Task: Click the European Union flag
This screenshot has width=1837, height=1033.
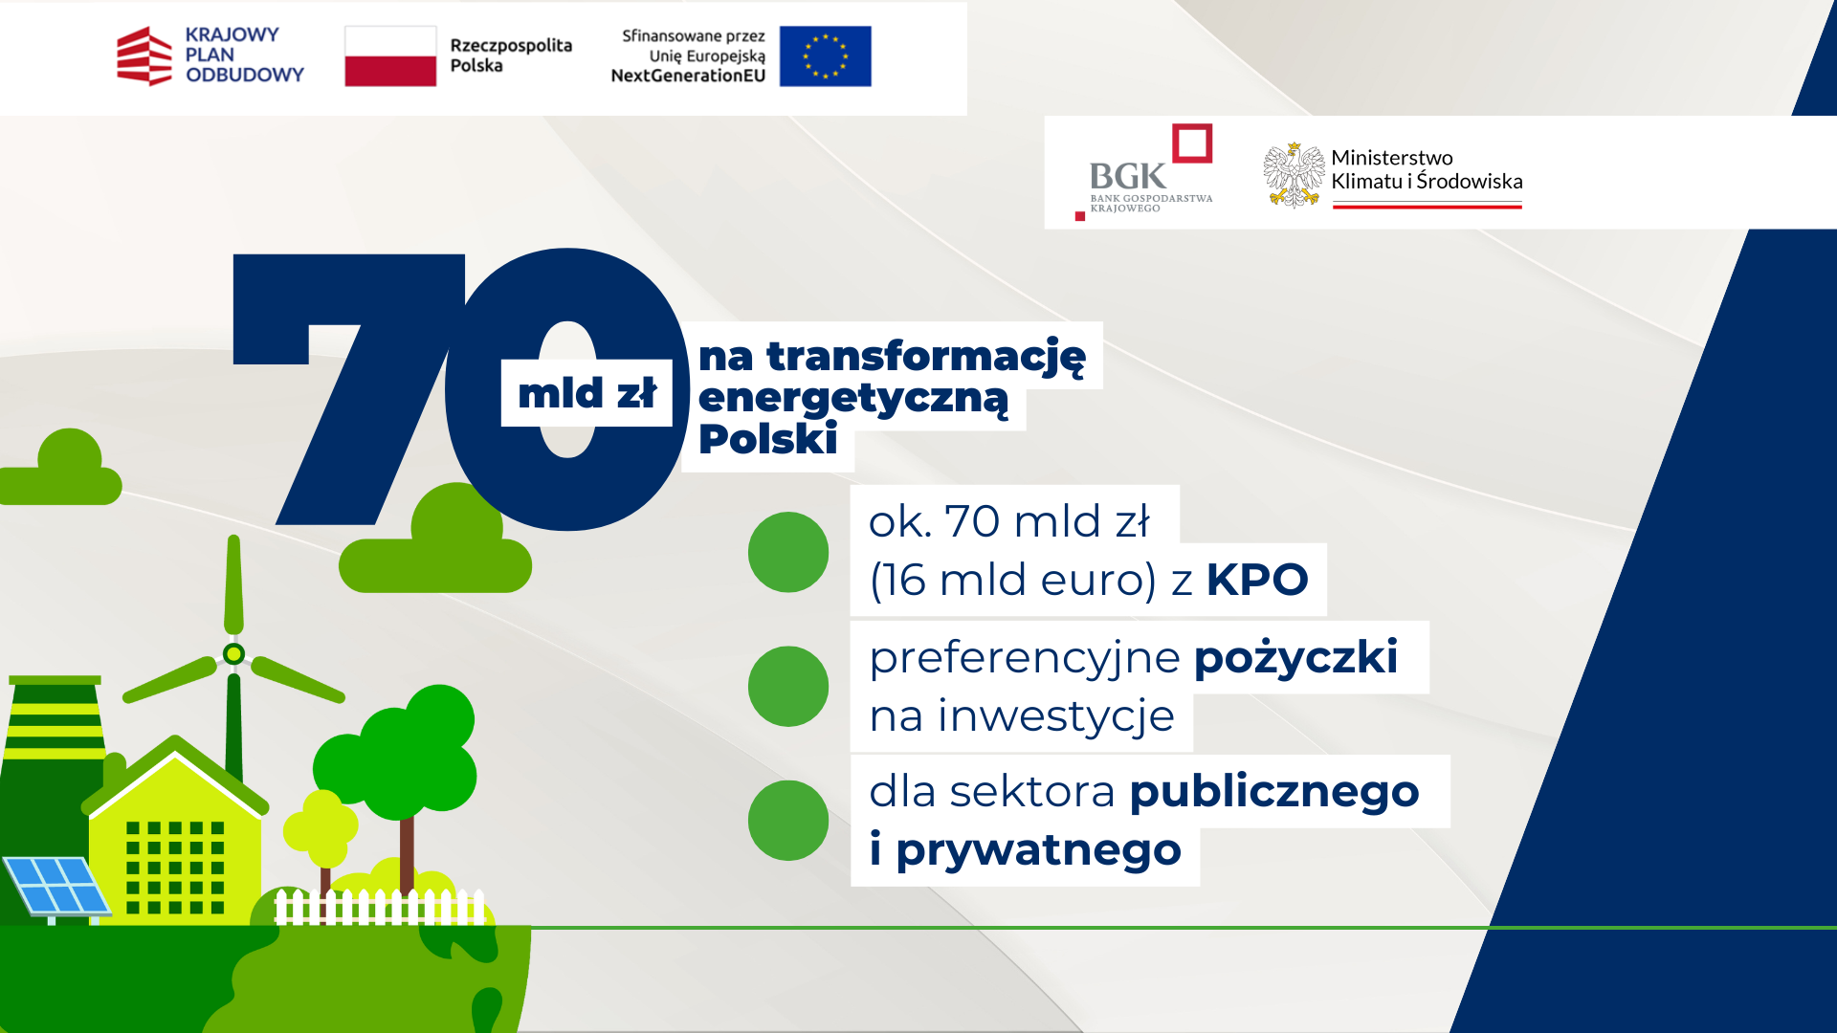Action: coord(825,56)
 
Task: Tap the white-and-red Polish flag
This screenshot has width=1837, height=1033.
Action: coord(390,56)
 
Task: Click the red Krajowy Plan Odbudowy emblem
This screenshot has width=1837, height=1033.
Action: coord(144,56)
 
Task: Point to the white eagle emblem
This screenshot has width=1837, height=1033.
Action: coord(1294,175)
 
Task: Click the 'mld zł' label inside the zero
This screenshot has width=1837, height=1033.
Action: coord(587,393)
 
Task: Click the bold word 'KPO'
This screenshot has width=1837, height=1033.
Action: coord(1257,580)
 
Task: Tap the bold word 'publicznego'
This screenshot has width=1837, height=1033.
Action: coord(1274,793)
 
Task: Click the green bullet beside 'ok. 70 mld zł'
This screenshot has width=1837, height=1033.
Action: coord(788,552)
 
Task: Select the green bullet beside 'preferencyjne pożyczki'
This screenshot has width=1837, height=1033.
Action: coord(788,686)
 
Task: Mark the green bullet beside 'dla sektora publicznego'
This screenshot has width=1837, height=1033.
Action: coord(788,821)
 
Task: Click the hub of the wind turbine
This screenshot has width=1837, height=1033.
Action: coord(233,654)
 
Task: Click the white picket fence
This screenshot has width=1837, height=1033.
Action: coord(380,907)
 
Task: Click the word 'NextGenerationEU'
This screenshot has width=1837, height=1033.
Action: coord(688,76)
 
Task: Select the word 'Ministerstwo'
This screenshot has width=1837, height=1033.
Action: coord(1391,158)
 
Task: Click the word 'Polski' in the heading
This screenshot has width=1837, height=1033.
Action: coord(768,440)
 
